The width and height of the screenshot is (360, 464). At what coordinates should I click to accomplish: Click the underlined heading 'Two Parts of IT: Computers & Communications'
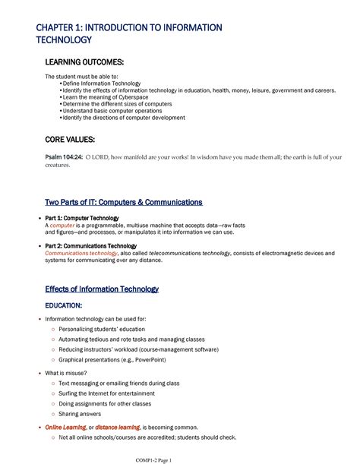click(124, 203)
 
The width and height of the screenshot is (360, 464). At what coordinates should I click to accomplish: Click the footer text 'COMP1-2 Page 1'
click(179, 459)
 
